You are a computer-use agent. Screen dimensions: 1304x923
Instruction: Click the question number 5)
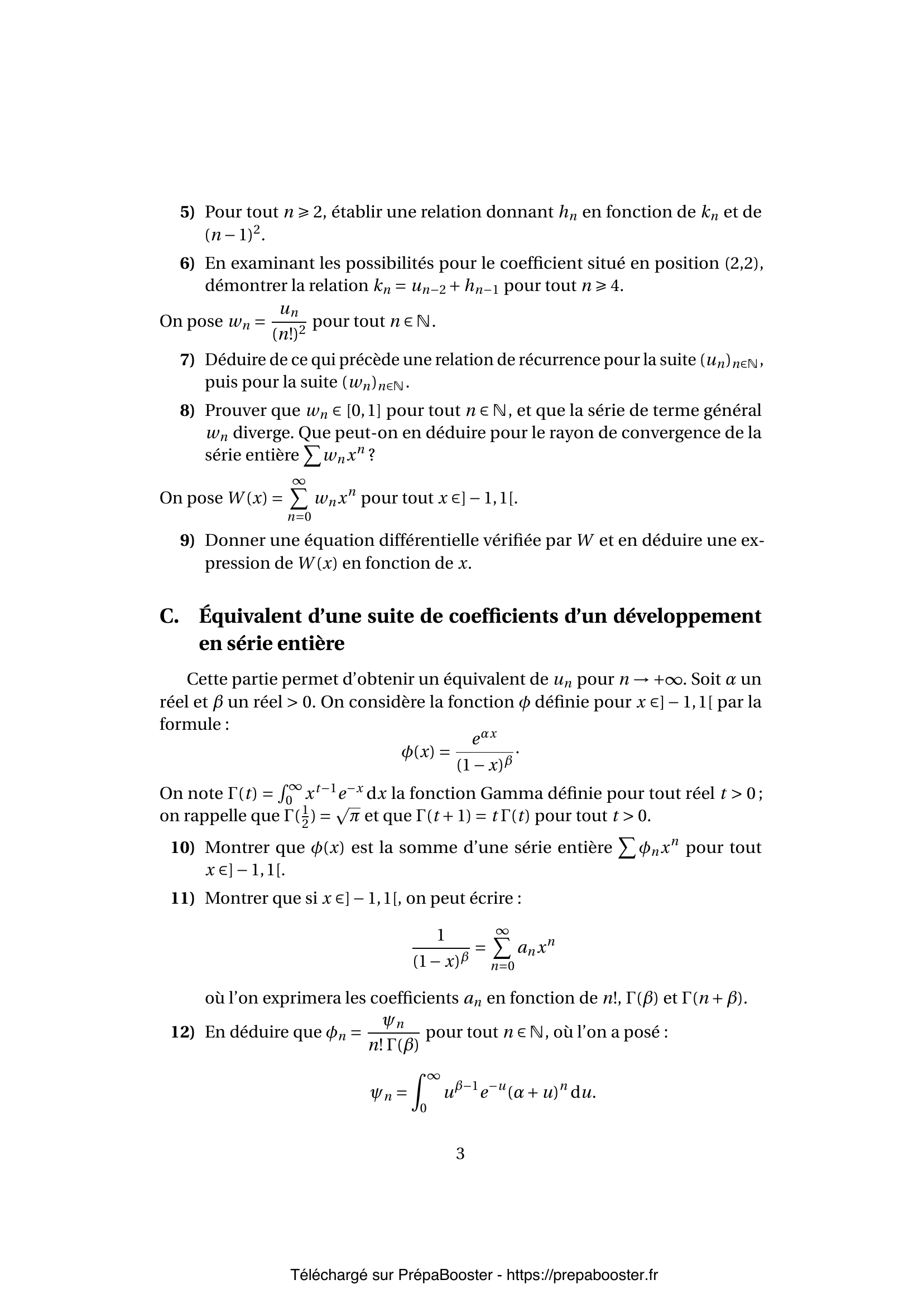187,212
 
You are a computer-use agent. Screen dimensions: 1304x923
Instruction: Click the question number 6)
187,264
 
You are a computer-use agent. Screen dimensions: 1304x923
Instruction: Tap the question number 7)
187,360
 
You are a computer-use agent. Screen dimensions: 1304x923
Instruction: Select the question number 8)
187,411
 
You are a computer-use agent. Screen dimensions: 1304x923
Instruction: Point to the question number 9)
187,541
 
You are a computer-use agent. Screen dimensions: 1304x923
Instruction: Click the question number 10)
182,848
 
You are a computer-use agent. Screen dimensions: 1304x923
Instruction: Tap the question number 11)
182,899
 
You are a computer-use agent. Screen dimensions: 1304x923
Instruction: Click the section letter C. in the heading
170,617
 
